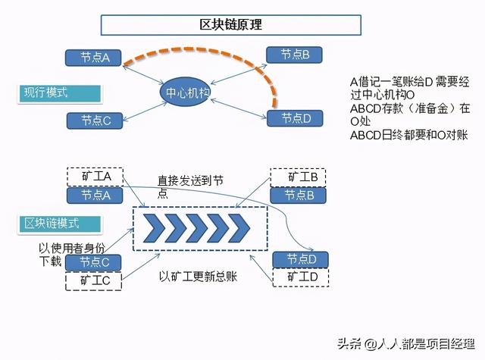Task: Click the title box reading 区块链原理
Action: coord(230,25)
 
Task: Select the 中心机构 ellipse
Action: coord(185,92)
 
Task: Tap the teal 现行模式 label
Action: coord(59,93)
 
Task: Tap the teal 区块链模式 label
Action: coord(59,224)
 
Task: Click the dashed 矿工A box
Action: coord(95,177)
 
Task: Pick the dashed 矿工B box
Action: coord(298,177)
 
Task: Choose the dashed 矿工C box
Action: coord(93,281)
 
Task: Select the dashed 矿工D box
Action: coord(300,277)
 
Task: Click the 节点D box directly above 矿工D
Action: coord(300,259)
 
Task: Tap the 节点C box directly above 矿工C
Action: coord(93,262)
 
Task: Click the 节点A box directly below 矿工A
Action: coord(95,196)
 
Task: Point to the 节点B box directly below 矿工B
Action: coord(298,196)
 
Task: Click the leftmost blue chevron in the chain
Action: coord(155,228)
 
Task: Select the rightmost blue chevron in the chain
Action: coord(239,228)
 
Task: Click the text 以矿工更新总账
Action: coord(198,277)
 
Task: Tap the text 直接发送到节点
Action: coord(190,186)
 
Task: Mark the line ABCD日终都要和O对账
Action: coord(409,136)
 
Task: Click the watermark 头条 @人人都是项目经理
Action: coord(406,343)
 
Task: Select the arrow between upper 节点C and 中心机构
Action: coord(145,111)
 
